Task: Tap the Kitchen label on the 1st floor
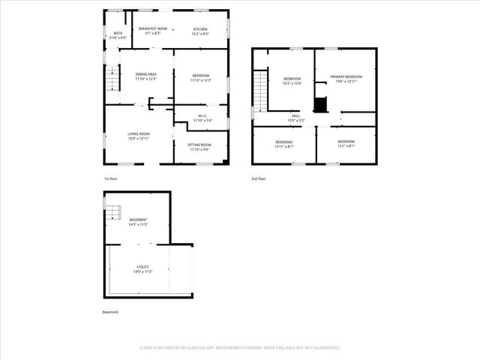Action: (200, 31)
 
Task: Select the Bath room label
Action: (118, 36)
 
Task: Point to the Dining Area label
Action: (145, 76)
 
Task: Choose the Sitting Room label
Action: (200, 146)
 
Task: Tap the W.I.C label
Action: (203, 117)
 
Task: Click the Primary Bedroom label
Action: (346, 79)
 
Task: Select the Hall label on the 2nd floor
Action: (296, 118)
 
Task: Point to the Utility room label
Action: (142, 269)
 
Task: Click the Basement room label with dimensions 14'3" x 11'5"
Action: (138, 221)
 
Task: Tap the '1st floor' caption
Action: (110, 178)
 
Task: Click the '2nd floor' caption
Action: (259, 178)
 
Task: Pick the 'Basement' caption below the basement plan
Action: (110, 312)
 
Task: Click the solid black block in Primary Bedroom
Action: (320, 104)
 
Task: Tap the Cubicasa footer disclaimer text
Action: (240, 348)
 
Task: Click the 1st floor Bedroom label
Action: (200, 77)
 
